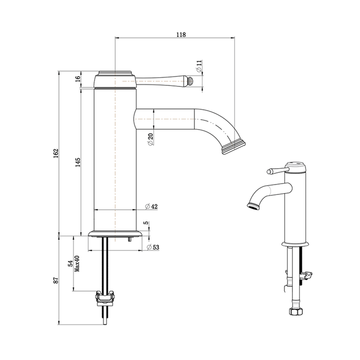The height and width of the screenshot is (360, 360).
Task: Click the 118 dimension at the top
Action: pos(181,34)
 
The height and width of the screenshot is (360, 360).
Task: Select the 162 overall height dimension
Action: pos(57,153)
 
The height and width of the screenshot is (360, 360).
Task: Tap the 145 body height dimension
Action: pos(77,163)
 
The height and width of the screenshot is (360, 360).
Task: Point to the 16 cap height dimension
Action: pos(78,79)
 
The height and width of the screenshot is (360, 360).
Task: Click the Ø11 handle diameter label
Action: pos(199,66)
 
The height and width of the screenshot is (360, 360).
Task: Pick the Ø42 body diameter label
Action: pos(151,206)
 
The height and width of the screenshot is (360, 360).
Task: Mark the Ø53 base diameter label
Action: pos(152,247)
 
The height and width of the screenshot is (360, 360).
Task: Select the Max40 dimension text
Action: pos(77,266)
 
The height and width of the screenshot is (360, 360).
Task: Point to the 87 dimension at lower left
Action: pos(57,280)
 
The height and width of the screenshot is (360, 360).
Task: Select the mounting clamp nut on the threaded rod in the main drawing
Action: pos(105,297)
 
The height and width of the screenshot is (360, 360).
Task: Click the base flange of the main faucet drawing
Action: pos(115,234)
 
